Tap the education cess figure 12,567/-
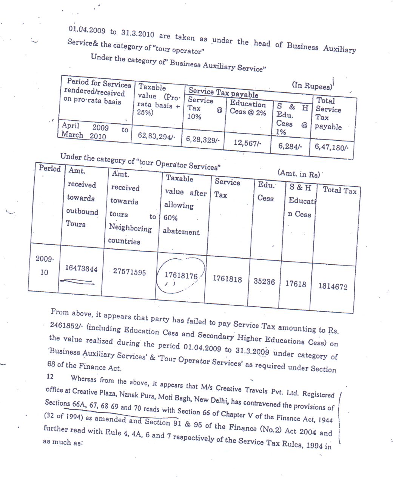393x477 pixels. [248, 143]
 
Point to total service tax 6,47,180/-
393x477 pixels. [331, 147]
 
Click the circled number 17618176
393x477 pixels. [181, 276]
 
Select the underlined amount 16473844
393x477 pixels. [81, 269]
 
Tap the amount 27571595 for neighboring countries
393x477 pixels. [129, 272]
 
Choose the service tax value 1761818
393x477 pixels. [227, 279]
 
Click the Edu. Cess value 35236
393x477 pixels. [264, 282]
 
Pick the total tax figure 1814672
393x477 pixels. [333, 287]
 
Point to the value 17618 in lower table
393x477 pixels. [296, 284]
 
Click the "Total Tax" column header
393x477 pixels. [339, 190]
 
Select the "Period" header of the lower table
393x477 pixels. [50, 168]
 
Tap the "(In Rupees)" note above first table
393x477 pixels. [312, 86]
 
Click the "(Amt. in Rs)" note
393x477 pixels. [299, 174]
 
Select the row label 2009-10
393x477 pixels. [45, 265]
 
